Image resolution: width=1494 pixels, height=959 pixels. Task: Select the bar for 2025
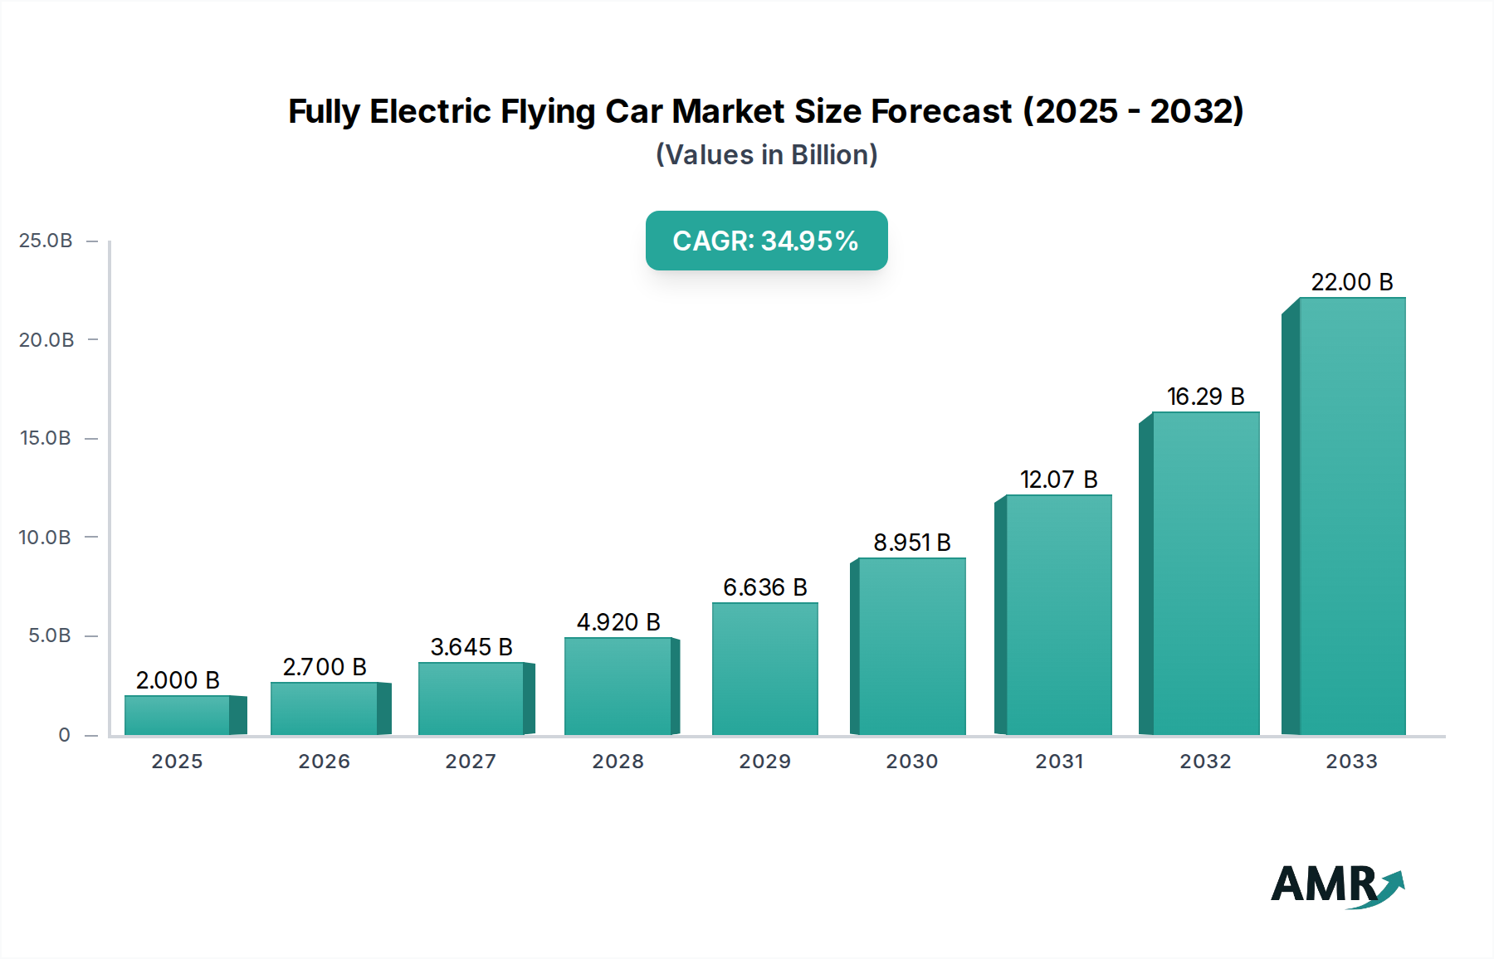pos(177,715)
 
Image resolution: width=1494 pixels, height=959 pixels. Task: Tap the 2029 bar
pos(764,669)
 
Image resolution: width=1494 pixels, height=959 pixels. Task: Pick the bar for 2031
pos(1058,615)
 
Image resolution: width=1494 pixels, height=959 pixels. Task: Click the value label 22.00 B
pos(1351,282)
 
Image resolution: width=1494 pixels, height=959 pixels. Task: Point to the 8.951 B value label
pos(911,543)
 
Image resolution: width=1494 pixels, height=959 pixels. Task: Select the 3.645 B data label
pos(471,647)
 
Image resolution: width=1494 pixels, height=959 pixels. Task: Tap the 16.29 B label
pos(1205,397)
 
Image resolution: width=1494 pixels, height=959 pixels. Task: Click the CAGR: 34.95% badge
pos(766,241)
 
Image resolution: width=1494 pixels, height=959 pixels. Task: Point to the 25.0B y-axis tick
pos(46,241)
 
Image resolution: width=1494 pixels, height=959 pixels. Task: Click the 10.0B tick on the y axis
pos(46,538)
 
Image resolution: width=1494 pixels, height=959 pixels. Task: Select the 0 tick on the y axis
pos(64,735)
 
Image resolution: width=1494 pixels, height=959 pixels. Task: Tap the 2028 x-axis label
pos(618,762)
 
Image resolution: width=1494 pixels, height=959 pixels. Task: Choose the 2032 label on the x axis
pos(1205,762)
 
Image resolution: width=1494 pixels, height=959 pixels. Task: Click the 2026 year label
pos(324,762)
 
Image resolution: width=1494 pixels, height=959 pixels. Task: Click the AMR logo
pos(1336,886)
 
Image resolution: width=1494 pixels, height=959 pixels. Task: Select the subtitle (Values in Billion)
pos(766,155)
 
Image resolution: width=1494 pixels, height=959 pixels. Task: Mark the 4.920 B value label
pos(618,622)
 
